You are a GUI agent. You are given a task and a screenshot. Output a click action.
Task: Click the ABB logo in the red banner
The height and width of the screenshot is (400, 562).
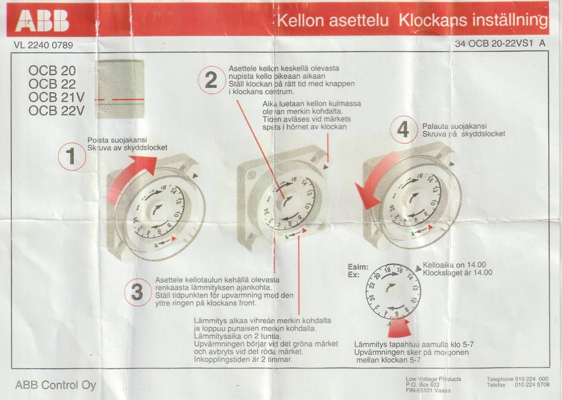click(42, 21)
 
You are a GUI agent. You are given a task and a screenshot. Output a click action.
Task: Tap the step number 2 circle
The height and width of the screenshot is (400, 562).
click(211, 80)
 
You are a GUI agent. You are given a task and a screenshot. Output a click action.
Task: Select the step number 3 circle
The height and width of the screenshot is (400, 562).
click(137, 292)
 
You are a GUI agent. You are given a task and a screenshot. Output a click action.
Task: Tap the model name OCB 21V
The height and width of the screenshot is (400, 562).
click(56, 97)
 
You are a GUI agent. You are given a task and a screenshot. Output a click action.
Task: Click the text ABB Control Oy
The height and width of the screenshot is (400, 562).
click(56, 385)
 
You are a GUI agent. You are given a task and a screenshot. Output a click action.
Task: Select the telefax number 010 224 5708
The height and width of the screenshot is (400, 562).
click(532, 385)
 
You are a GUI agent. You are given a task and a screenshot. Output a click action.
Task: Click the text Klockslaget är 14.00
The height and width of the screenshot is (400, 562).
click(457, 272)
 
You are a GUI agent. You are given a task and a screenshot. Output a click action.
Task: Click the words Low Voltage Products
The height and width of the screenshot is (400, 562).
click(433, 379)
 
